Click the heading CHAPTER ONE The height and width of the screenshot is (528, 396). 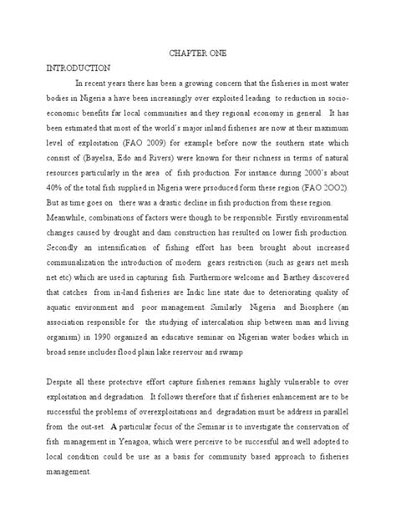pos(197,52)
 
